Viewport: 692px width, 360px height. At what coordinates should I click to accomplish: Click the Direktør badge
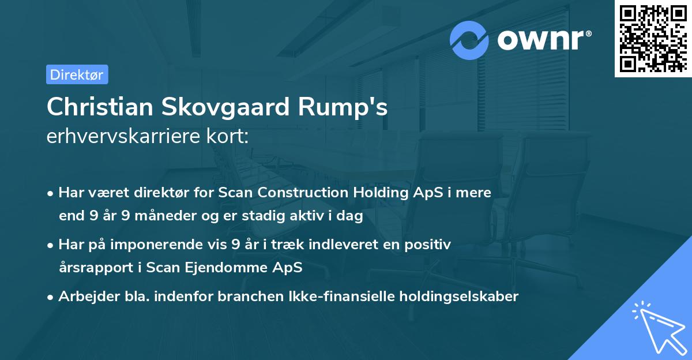77,74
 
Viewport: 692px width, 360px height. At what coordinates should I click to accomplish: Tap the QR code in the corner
653,38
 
